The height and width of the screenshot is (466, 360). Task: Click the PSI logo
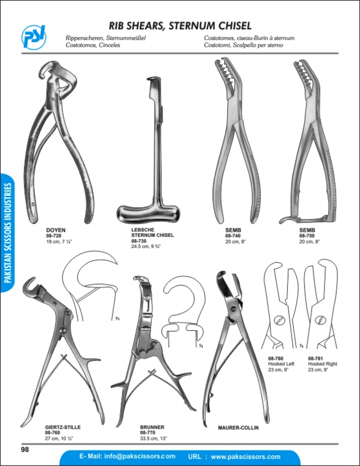point(34,37)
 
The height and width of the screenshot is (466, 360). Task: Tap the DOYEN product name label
point(56,230)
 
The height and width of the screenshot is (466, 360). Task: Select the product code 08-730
point(139,241)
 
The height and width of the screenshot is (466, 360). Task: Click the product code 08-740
point(233,236)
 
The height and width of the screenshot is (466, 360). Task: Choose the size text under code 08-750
point(309,242)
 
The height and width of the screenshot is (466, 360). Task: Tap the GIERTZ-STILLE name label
point(63,427)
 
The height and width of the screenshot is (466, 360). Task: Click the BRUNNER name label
point(152,427)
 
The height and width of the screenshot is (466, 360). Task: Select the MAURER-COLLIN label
point(238,428)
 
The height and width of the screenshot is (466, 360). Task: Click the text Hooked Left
point(281,363)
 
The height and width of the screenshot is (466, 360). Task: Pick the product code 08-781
point(315,358)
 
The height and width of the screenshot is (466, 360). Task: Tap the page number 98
point(25,449)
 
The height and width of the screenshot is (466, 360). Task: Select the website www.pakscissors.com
point(246,457)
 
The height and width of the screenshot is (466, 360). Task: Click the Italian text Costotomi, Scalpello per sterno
point(243,45)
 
